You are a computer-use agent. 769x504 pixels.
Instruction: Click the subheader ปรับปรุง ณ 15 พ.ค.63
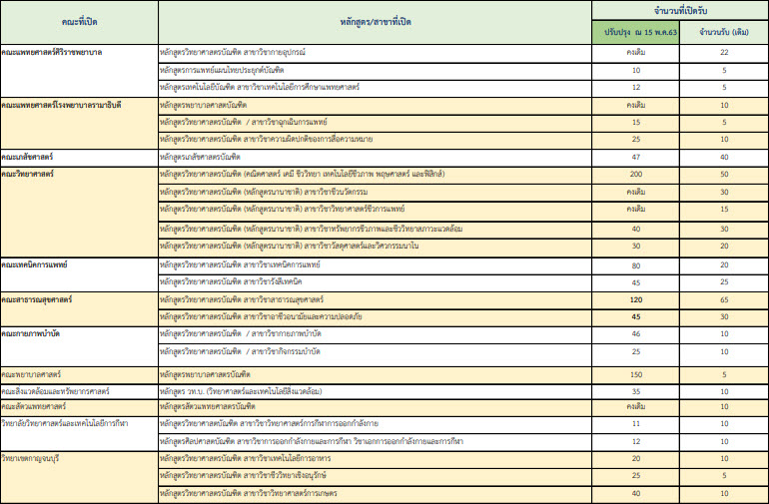(636, 32)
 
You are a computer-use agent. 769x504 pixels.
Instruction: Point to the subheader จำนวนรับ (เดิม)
(724, 32)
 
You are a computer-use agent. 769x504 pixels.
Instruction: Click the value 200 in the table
(636, 174)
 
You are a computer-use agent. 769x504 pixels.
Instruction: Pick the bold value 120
(636, 299)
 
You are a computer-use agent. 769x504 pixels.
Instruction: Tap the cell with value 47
(636, 157)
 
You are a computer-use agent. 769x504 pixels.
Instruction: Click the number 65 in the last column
(724, 299)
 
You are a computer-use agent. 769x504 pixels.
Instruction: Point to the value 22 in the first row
(724, 49)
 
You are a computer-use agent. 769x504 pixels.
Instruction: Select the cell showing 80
(636, 264)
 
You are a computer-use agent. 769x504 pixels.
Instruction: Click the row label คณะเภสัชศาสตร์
(28, 157)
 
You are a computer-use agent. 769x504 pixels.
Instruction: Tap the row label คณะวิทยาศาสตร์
(28, 174)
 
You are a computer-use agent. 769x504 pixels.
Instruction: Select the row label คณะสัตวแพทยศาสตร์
(34, 406)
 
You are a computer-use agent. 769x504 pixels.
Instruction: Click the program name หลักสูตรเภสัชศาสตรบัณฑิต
(200, 157)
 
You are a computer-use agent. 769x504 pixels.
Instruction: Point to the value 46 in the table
(636, 334)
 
